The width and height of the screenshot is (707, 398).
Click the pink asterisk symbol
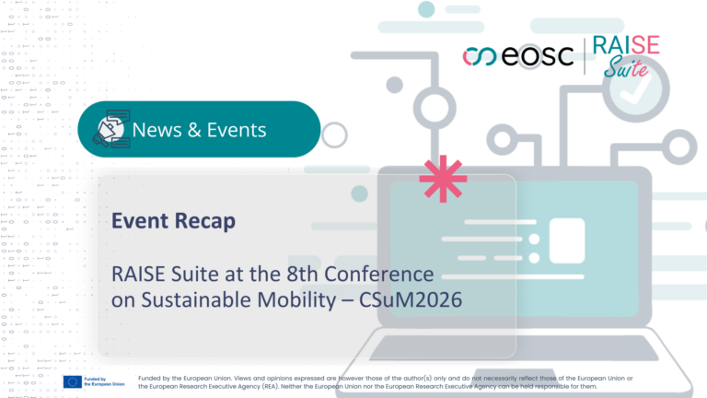point(443,179)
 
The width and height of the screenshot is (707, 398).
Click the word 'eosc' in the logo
point(538,56)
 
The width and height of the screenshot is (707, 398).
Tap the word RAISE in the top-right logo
point(626,45)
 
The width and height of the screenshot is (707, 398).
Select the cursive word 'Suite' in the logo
point(626,66)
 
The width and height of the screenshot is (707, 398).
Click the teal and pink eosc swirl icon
point(480,56)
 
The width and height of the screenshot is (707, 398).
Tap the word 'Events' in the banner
point(237,130)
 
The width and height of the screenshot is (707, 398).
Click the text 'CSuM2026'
point(411,299)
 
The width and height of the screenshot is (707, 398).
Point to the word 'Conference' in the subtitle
point(378,274)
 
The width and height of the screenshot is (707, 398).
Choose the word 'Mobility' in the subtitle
point(296,300)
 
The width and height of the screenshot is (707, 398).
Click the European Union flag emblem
point(72,381)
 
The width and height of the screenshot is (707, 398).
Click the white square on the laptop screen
point(567,240)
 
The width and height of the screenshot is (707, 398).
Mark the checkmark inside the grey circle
point(634,90)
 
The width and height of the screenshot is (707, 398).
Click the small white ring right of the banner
point(334,135)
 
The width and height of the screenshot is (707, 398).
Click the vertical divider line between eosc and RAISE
point(585,56)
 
